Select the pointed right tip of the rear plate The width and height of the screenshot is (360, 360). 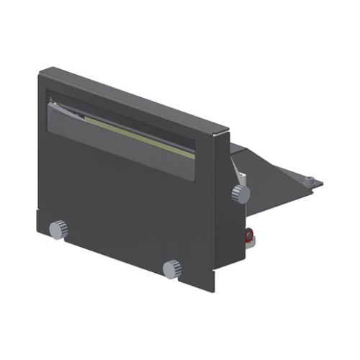coord(322,184)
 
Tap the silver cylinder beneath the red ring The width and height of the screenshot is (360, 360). coord(249,246)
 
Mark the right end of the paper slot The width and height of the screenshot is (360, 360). coord(195,155)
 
